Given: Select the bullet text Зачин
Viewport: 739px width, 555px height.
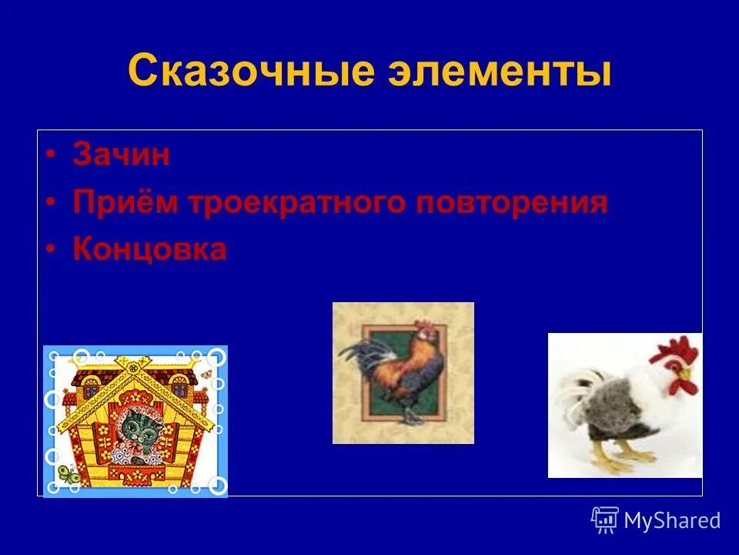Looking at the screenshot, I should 121,156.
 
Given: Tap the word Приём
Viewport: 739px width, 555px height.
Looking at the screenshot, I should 126,203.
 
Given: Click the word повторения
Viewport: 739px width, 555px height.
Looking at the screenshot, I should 512,203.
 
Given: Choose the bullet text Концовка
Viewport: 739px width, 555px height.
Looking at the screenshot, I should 149,250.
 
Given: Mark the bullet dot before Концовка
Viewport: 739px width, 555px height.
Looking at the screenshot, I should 50,251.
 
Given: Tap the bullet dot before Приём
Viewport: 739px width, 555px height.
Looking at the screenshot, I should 50,203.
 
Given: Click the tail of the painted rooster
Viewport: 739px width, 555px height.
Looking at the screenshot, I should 359,358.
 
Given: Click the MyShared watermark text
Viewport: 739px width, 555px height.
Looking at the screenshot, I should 672,520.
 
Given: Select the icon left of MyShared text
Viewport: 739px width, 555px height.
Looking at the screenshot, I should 605,520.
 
